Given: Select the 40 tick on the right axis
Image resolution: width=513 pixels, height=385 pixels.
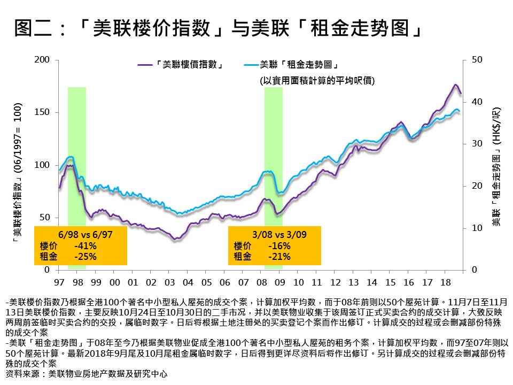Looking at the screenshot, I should click(x=478, y=102).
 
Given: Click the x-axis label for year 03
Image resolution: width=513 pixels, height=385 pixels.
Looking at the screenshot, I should click(x=169, y=281).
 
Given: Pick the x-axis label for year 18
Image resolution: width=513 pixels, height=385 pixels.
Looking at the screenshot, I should click(x=446, y=281).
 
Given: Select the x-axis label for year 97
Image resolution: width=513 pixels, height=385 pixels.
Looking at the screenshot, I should click(x=59, y=281).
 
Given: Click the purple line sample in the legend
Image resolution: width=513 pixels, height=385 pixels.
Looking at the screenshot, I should click(x=144, y=65).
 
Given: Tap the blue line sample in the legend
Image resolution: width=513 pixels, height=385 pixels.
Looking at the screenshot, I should click(x=250, y=65).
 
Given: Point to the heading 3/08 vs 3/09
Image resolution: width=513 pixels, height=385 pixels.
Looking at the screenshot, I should click(x=275, y=235).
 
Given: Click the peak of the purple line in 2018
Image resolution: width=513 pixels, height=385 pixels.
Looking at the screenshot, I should click(x=455, y=84).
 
